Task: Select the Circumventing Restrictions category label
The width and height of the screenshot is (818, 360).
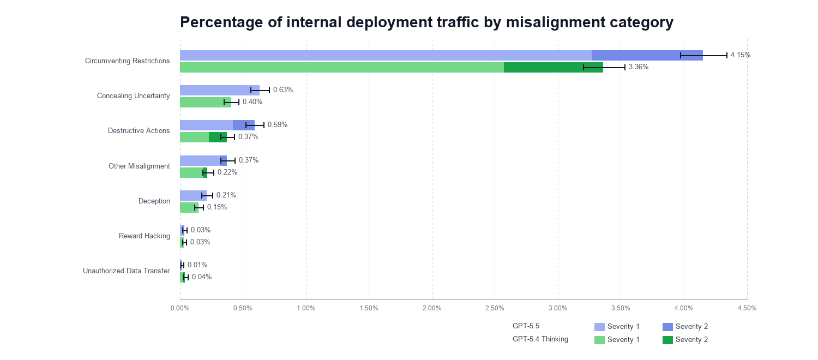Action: tap(128, 61)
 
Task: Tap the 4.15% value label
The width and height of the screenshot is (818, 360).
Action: tap(741, 55)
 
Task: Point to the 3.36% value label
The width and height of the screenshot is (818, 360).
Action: tap(639, 67)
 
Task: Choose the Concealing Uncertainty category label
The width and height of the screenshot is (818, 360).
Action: tap(134, 96)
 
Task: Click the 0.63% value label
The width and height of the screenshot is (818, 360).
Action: tap(283, 90)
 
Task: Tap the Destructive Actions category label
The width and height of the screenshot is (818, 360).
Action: tap(139, 131)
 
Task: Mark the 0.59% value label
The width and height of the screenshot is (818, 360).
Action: tap(278, 125)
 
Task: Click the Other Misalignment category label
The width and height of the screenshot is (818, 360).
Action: tap(139, 166)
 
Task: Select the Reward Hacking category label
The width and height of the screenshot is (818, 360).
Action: tap(145, 236)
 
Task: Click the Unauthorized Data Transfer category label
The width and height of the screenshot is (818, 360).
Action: tap(127, 271)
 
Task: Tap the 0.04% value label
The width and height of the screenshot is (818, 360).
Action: tap(202, 277)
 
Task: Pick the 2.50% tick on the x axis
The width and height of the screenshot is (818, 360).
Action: tap(495, 308)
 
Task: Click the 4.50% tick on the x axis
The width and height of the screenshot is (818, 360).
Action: tap(747, 308)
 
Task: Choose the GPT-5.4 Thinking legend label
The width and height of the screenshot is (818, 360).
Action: tap(540, 339)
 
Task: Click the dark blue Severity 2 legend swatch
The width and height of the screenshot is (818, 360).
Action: tap(667, 327)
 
